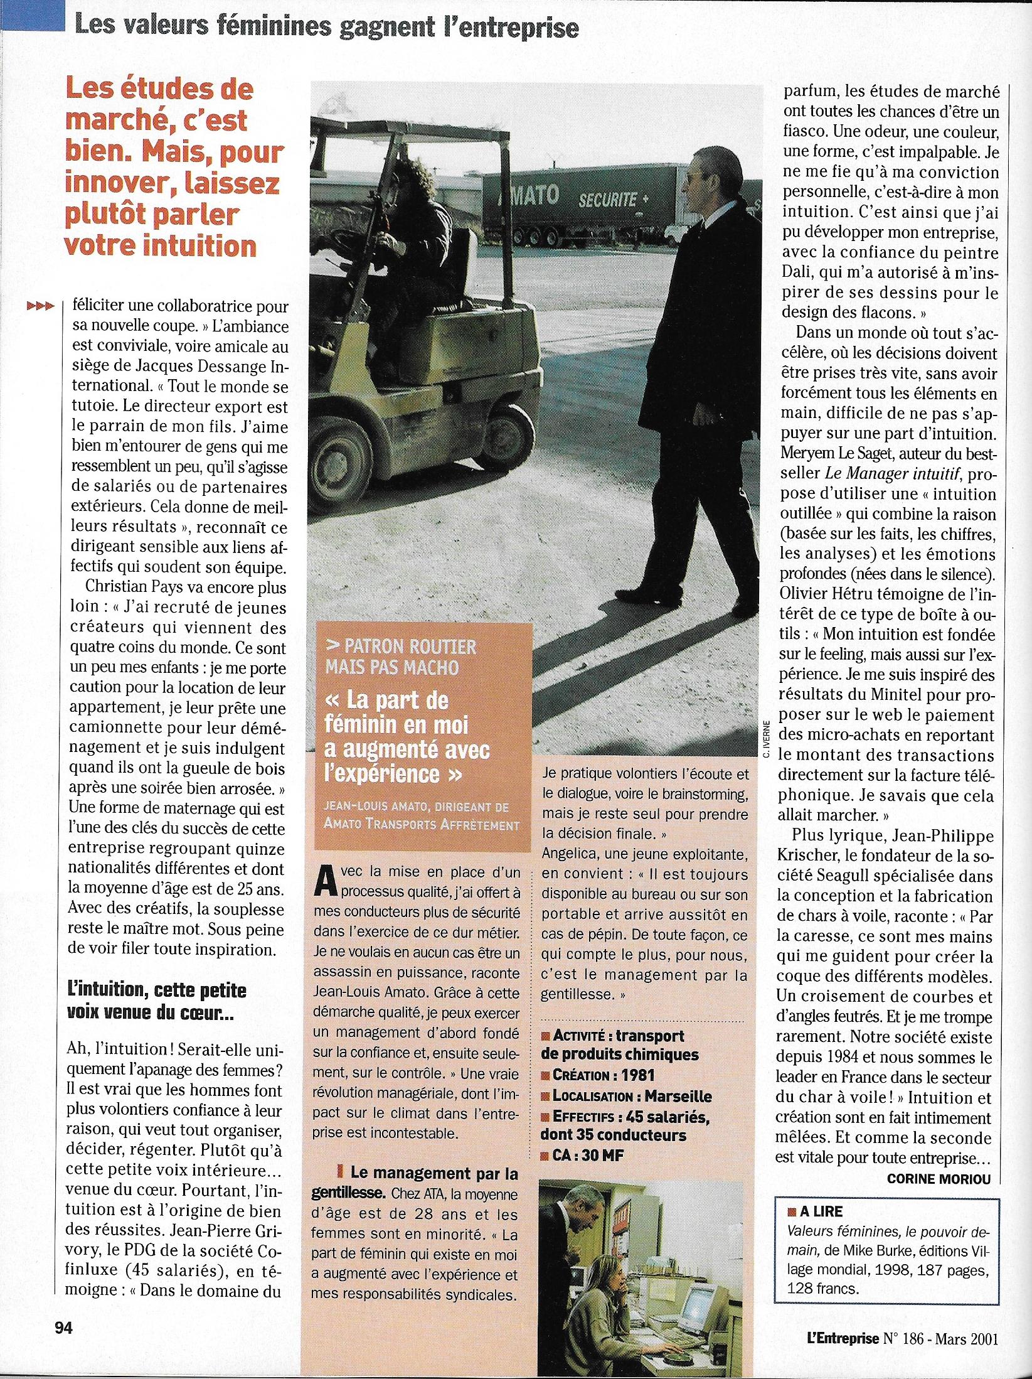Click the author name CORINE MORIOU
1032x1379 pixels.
(x=939, y=1178)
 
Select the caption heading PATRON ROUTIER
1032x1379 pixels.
(x=401, y=646)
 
